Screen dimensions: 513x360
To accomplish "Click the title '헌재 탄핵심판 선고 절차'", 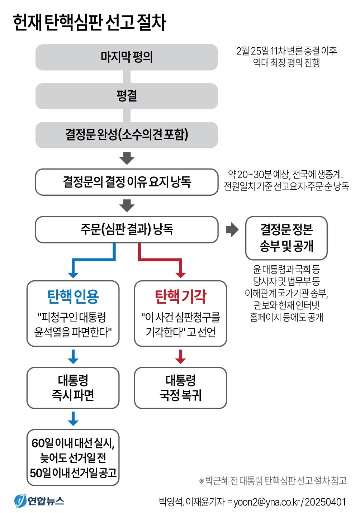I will click(90, 22).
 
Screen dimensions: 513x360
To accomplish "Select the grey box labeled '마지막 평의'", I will click(127, 57).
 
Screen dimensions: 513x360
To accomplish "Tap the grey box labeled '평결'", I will click(127, 96).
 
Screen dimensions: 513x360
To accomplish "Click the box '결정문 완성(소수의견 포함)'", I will click(127, 135).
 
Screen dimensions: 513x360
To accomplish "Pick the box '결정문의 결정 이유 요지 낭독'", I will click(127, 182).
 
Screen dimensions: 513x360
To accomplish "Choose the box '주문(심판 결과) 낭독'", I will click(127, 229).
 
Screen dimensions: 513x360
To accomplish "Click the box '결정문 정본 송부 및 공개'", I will click(286, 238).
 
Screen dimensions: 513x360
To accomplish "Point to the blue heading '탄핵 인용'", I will click(73, 296).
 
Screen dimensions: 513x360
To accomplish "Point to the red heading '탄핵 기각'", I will click(180, 296).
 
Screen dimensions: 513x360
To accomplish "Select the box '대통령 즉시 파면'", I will click(73, 388).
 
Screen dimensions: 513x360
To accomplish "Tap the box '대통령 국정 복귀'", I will click(180, 388).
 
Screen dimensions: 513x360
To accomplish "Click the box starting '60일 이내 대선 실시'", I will click(73, 457).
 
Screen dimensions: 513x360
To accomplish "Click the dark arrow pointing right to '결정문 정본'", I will click(232, 229).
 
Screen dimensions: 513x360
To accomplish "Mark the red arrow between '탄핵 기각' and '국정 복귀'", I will click(180, 356).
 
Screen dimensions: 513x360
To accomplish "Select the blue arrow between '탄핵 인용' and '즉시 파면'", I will click(73, 356).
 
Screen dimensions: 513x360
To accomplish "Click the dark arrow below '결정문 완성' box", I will click(127, 158).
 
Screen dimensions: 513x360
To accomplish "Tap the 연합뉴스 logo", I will click(39, 501).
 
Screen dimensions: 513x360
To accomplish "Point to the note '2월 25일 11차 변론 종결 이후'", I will click(286, 51).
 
